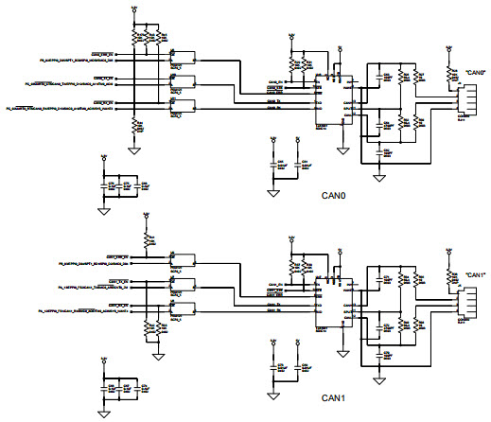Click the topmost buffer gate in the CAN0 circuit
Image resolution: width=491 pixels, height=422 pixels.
point(176,59)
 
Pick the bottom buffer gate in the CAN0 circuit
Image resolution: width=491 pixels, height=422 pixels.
point(176,106)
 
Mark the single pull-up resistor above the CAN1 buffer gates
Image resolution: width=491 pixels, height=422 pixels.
point(148,242)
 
